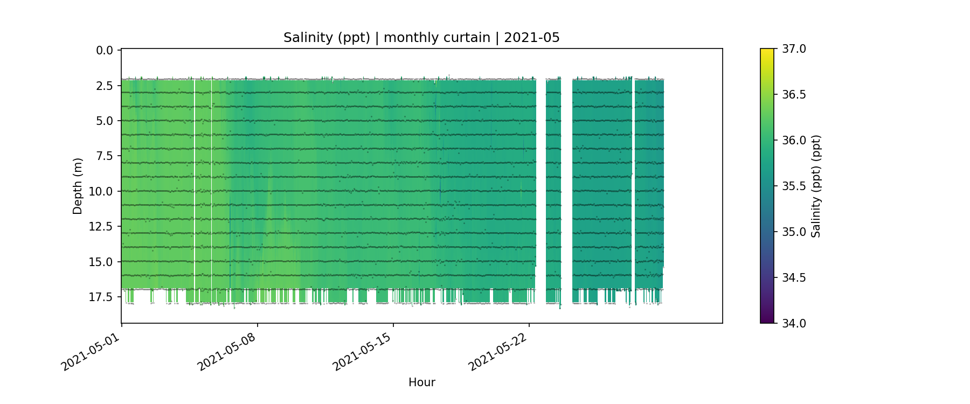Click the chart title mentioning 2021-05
[421, 38]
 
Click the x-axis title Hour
[421, 382]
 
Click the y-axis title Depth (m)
[78, 186]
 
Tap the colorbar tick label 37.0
[794, 49]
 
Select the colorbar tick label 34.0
[794, 323]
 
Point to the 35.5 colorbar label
[794, 186]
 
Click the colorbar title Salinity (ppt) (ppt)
[816, 186]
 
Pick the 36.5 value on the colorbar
[794, 95]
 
